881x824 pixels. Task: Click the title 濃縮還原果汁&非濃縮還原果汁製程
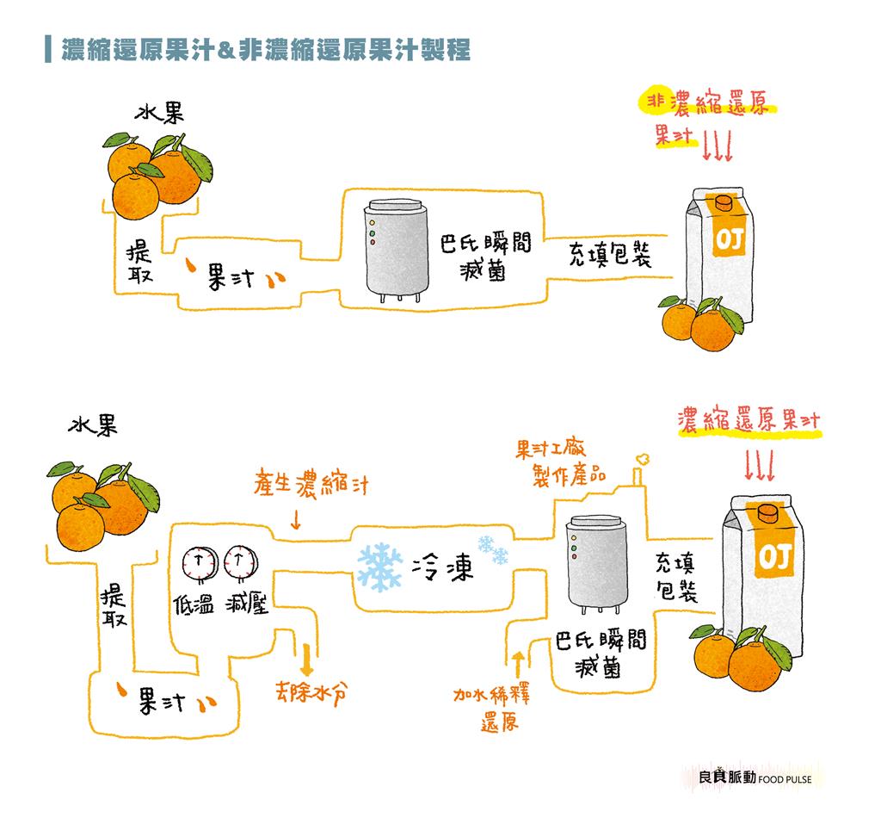265,50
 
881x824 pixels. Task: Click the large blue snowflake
379,566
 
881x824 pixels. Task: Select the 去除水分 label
313,693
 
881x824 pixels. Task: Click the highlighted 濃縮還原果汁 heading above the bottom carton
748,421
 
